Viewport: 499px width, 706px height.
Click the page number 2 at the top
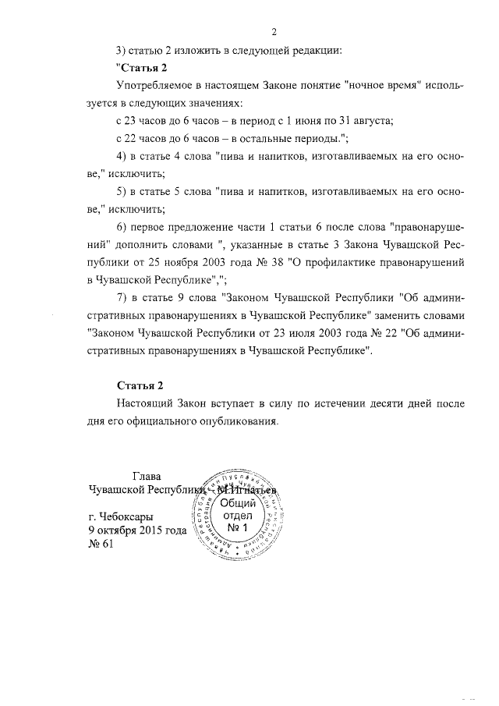coord(274,32)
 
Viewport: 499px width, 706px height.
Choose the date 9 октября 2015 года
coord(136,530)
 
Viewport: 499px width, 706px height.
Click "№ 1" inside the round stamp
coord(236,530)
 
